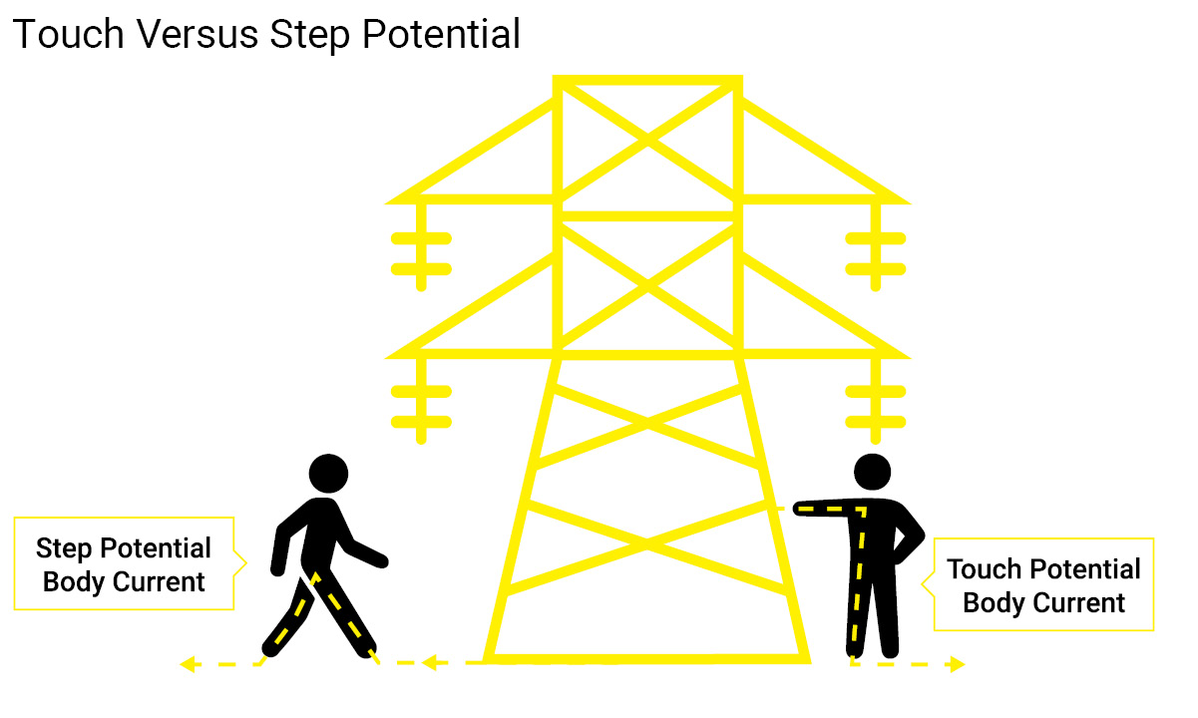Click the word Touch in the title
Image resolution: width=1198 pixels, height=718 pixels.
coord(69,34)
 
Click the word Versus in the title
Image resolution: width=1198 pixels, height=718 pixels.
coord(198,34)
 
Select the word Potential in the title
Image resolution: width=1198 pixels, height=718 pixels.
coord(441,34)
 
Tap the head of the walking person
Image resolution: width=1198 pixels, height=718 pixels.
coord(328,473)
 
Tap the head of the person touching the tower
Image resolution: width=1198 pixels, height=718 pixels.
coord(872,472)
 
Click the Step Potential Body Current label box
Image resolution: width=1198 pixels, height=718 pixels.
coord(124,563)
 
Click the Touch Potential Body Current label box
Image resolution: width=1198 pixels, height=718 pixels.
coord(1043,584)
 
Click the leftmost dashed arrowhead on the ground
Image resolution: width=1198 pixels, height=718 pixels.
coord(190,664)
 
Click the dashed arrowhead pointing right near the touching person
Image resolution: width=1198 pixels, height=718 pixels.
coord(958,664)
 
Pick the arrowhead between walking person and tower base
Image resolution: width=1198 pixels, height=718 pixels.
coord(434,663)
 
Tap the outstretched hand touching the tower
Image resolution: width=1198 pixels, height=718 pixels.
coord(801,509)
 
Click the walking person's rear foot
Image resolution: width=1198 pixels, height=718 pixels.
coord(271,647)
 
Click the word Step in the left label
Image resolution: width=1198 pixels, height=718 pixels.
coord(64,548)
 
